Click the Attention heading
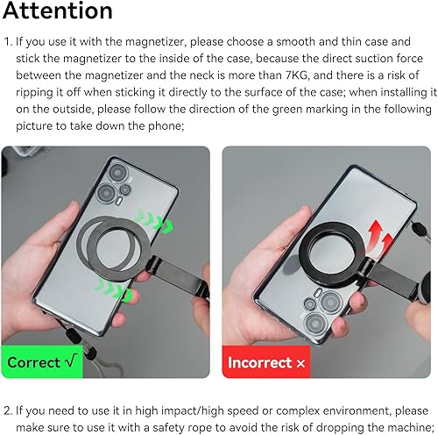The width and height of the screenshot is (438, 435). pyautogui.click(x=57, y=11)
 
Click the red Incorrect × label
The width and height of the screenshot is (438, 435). pyautogui.click(x=264, y=362)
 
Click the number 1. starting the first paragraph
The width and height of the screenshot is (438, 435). pyautogui.click(x=10, y=41)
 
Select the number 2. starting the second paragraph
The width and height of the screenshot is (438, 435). pyautogui.click(x=11, y=410)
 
